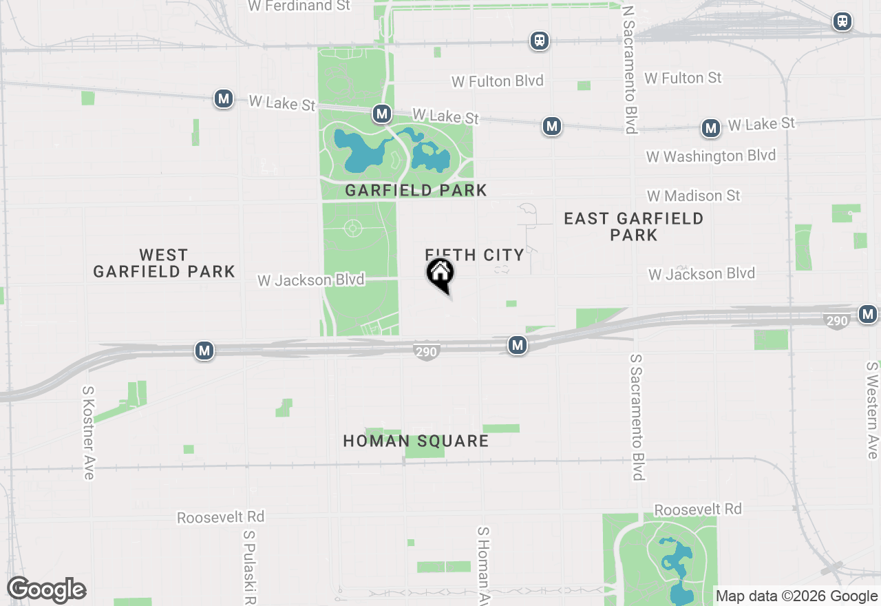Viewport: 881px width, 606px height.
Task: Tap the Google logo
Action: [46, 590]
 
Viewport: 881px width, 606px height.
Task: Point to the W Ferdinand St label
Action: [299, 6]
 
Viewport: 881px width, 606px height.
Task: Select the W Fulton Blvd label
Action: [497, 81]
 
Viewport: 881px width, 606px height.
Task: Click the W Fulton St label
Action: [682, 79]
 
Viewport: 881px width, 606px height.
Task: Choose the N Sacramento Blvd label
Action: [629, 71]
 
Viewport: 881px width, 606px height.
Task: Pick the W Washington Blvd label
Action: [710, 156]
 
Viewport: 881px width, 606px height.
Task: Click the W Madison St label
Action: [693, 196]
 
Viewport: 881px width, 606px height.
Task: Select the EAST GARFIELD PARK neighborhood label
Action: [633, 227]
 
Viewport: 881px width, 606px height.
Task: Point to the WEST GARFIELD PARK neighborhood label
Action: [164, 264]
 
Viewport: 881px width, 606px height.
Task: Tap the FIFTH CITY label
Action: [474, 255]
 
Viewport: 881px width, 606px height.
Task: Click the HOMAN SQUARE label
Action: [416, 441]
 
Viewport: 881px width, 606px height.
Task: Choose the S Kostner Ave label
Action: [88, 432]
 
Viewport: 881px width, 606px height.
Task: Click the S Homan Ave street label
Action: [483, 558]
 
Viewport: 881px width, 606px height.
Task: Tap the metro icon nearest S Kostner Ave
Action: [204, 351]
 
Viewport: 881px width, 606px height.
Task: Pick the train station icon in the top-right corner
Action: [842, 21]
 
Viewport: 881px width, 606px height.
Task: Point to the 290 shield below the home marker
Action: [427, 351]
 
